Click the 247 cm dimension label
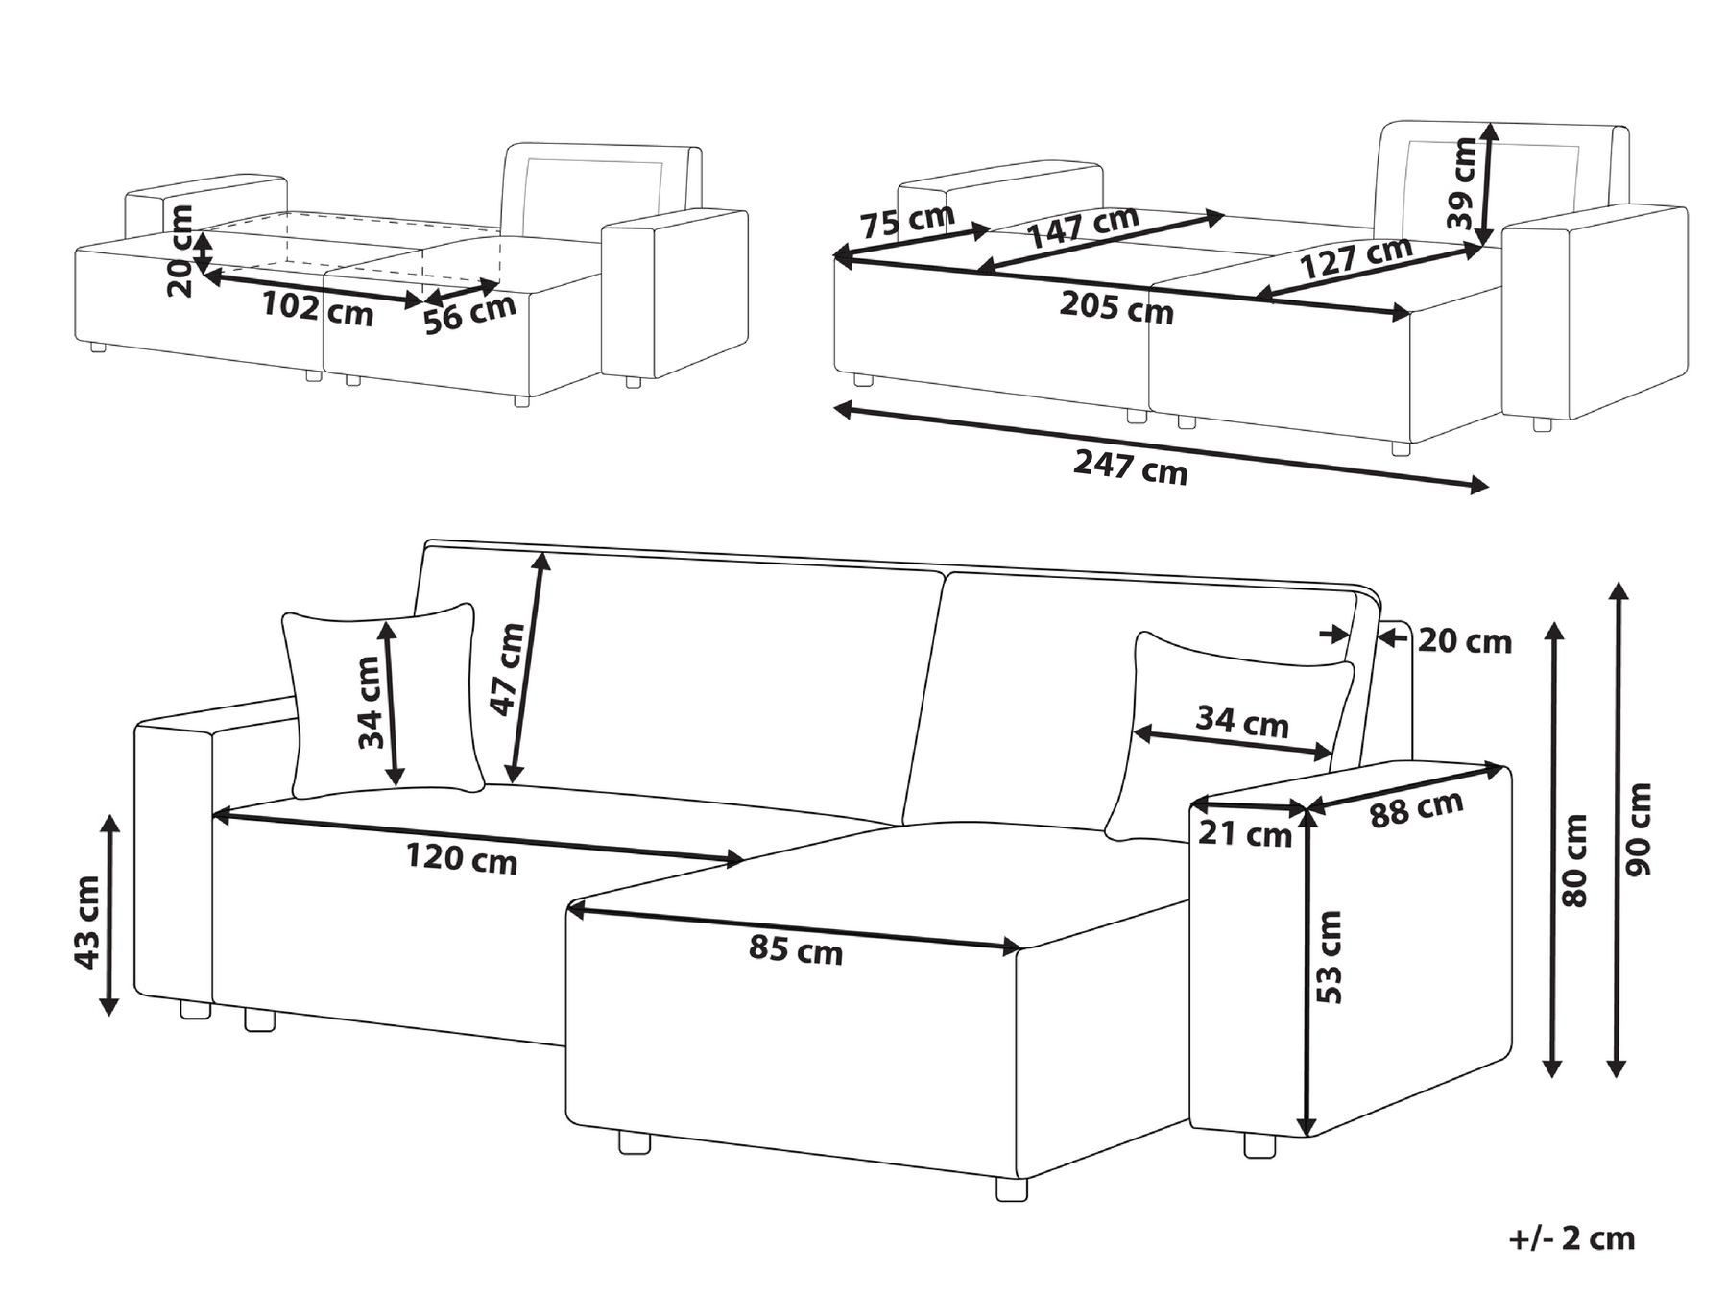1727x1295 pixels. tap(1130, 468)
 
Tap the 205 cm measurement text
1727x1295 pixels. tap(1116, 309)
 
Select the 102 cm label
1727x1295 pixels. tap(318, 309)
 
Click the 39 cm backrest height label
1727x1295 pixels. tap(1463, 182)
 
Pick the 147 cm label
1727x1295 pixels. tap(1082, 228)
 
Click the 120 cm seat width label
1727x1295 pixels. tap(461, 859)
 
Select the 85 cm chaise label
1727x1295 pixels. tap(796, 950)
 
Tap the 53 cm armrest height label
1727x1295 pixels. tap(1329, 957)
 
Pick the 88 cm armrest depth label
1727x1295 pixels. tap(1415, 807)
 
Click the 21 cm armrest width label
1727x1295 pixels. tap(1246, 834)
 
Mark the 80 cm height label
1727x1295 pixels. tap(1574, 860)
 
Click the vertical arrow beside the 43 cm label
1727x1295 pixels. tap(110, 915)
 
